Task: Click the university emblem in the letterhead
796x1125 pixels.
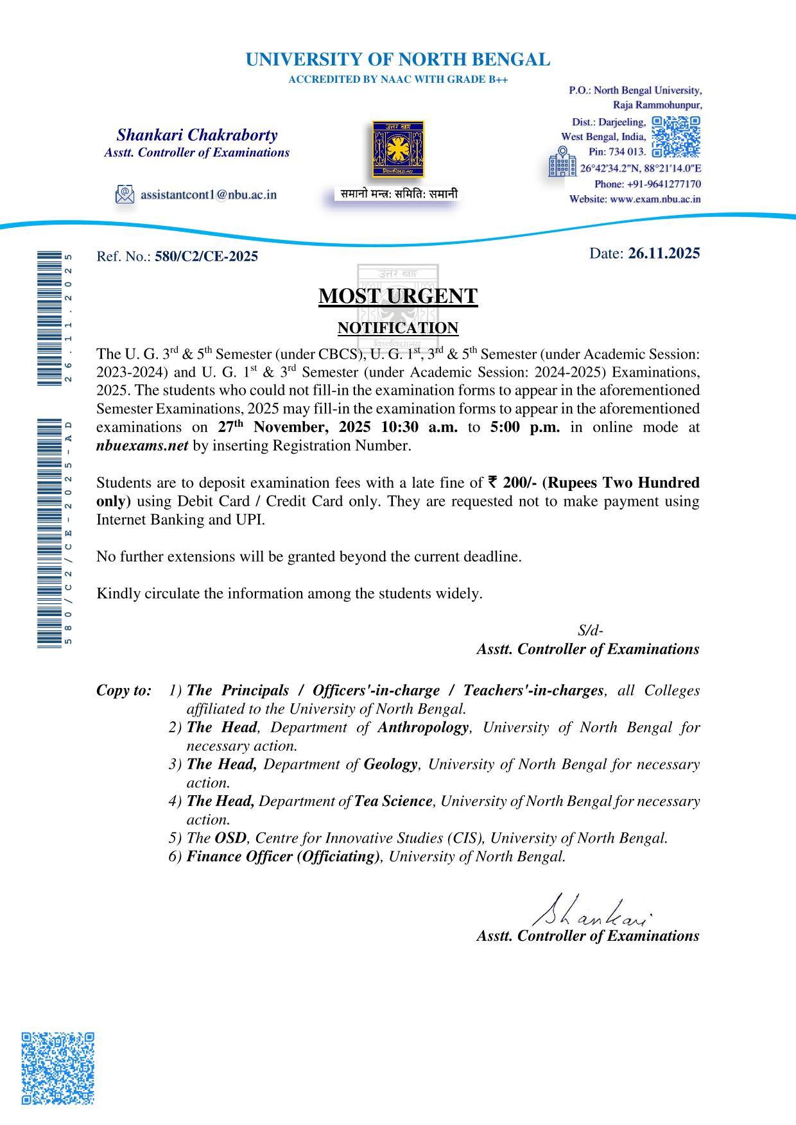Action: tap(398, 150)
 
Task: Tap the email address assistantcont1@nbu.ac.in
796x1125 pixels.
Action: tap(209, 194)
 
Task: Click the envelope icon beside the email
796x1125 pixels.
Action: tap(125, 194)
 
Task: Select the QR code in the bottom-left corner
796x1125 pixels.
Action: tap(58, 1069)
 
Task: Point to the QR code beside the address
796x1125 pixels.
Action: tap(675, 137)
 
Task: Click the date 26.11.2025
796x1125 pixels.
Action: tap(664, 253)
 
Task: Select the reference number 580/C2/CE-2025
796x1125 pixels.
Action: tap(206, 257)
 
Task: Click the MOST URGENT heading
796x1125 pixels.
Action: tap(398, 296)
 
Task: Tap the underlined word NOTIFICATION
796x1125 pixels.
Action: tap(398, 328)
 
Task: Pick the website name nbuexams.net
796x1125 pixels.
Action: tap(142, 446)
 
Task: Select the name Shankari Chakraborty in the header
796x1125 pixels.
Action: tap(197, 135)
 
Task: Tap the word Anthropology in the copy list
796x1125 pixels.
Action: tap(423, 728)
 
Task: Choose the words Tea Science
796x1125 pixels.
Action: tap(394, 802)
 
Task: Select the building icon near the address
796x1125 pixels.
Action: tap(562, 162)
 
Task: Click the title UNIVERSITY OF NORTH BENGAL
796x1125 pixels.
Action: tap(398, 60)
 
